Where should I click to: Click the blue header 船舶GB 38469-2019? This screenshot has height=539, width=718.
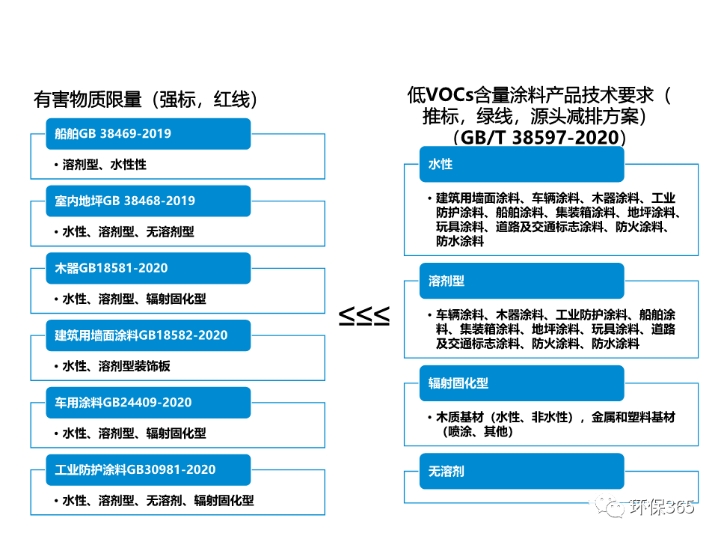148,134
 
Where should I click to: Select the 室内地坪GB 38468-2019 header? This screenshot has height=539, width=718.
148,201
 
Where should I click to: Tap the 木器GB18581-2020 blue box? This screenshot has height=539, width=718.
148,268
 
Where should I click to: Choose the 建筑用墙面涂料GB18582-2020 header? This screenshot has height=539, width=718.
148,335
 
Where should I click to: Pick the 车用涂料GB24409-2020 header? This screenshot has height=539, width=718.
148,403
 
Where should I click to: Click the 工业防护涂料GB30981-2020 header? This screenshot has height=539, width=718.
148,470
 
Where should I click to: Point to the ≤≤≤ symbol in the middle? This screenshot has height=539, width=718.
364,316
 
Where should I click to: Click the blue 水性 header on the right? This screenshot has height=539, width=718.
522,164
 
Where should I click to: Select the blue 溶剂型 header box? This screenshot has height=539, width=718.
522,281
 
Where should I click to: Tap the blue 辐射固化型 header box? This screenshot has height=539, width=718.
522,383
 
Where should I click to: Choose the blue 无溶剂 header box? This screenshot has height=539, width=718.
522,471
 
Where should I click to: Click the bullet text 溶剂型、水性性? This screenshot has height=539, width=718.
105,165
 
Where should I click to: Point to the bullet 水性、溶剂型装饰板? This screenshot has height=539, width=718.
117,366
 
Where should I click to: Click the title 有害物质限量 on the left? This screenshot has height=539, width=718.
88,100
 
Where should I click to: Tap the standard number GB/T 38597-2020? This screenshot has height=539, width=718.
539,138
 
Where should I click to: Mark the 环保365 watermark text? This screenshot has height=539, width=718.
662,507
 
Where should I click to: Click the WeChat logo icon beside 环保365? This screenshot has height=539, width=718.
611,506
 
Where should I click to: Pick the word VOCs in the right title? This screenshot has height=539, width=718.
449,95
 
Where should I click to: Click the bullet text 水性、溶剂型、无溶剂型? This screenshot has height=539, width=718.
128,232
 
